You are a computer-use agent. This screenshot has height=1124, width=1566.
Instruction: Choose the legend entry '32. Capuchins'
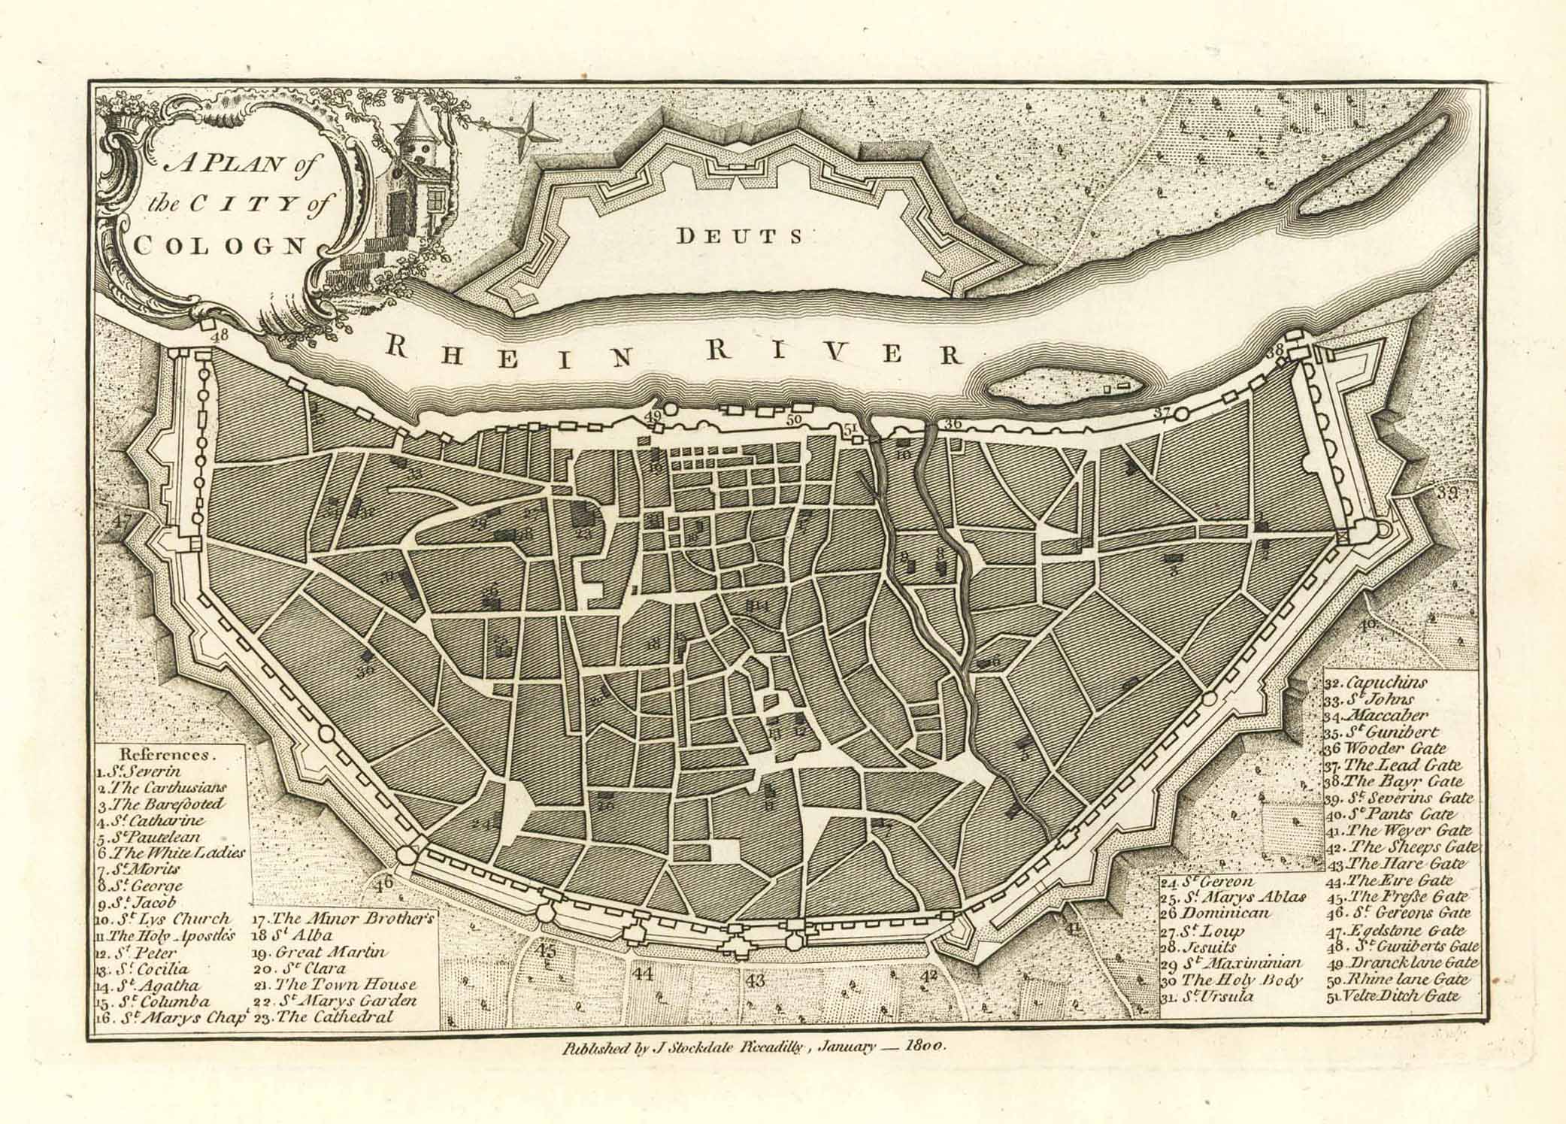pyautogui.click(x=1376, y=683)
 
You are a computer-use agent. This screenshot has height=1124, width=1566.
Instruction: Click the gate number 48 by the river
pyautogui.click(x=219, y=336)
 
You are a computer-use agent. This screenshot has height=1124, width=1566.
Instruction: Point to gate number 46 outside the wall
pyautogui.click(x=385, y=881)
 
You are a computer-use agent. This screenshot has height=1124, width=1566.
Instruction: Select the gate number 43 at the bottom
pyautogui.click(x=756, y=980)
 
